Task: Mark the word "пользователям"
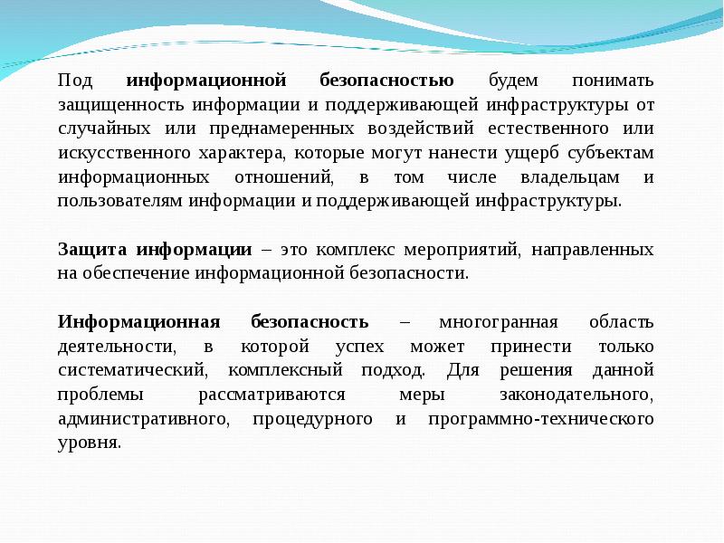click(120, 201)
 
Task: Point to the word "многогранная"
click(489, 322)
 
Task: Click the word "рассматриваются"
click(272, 395)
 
